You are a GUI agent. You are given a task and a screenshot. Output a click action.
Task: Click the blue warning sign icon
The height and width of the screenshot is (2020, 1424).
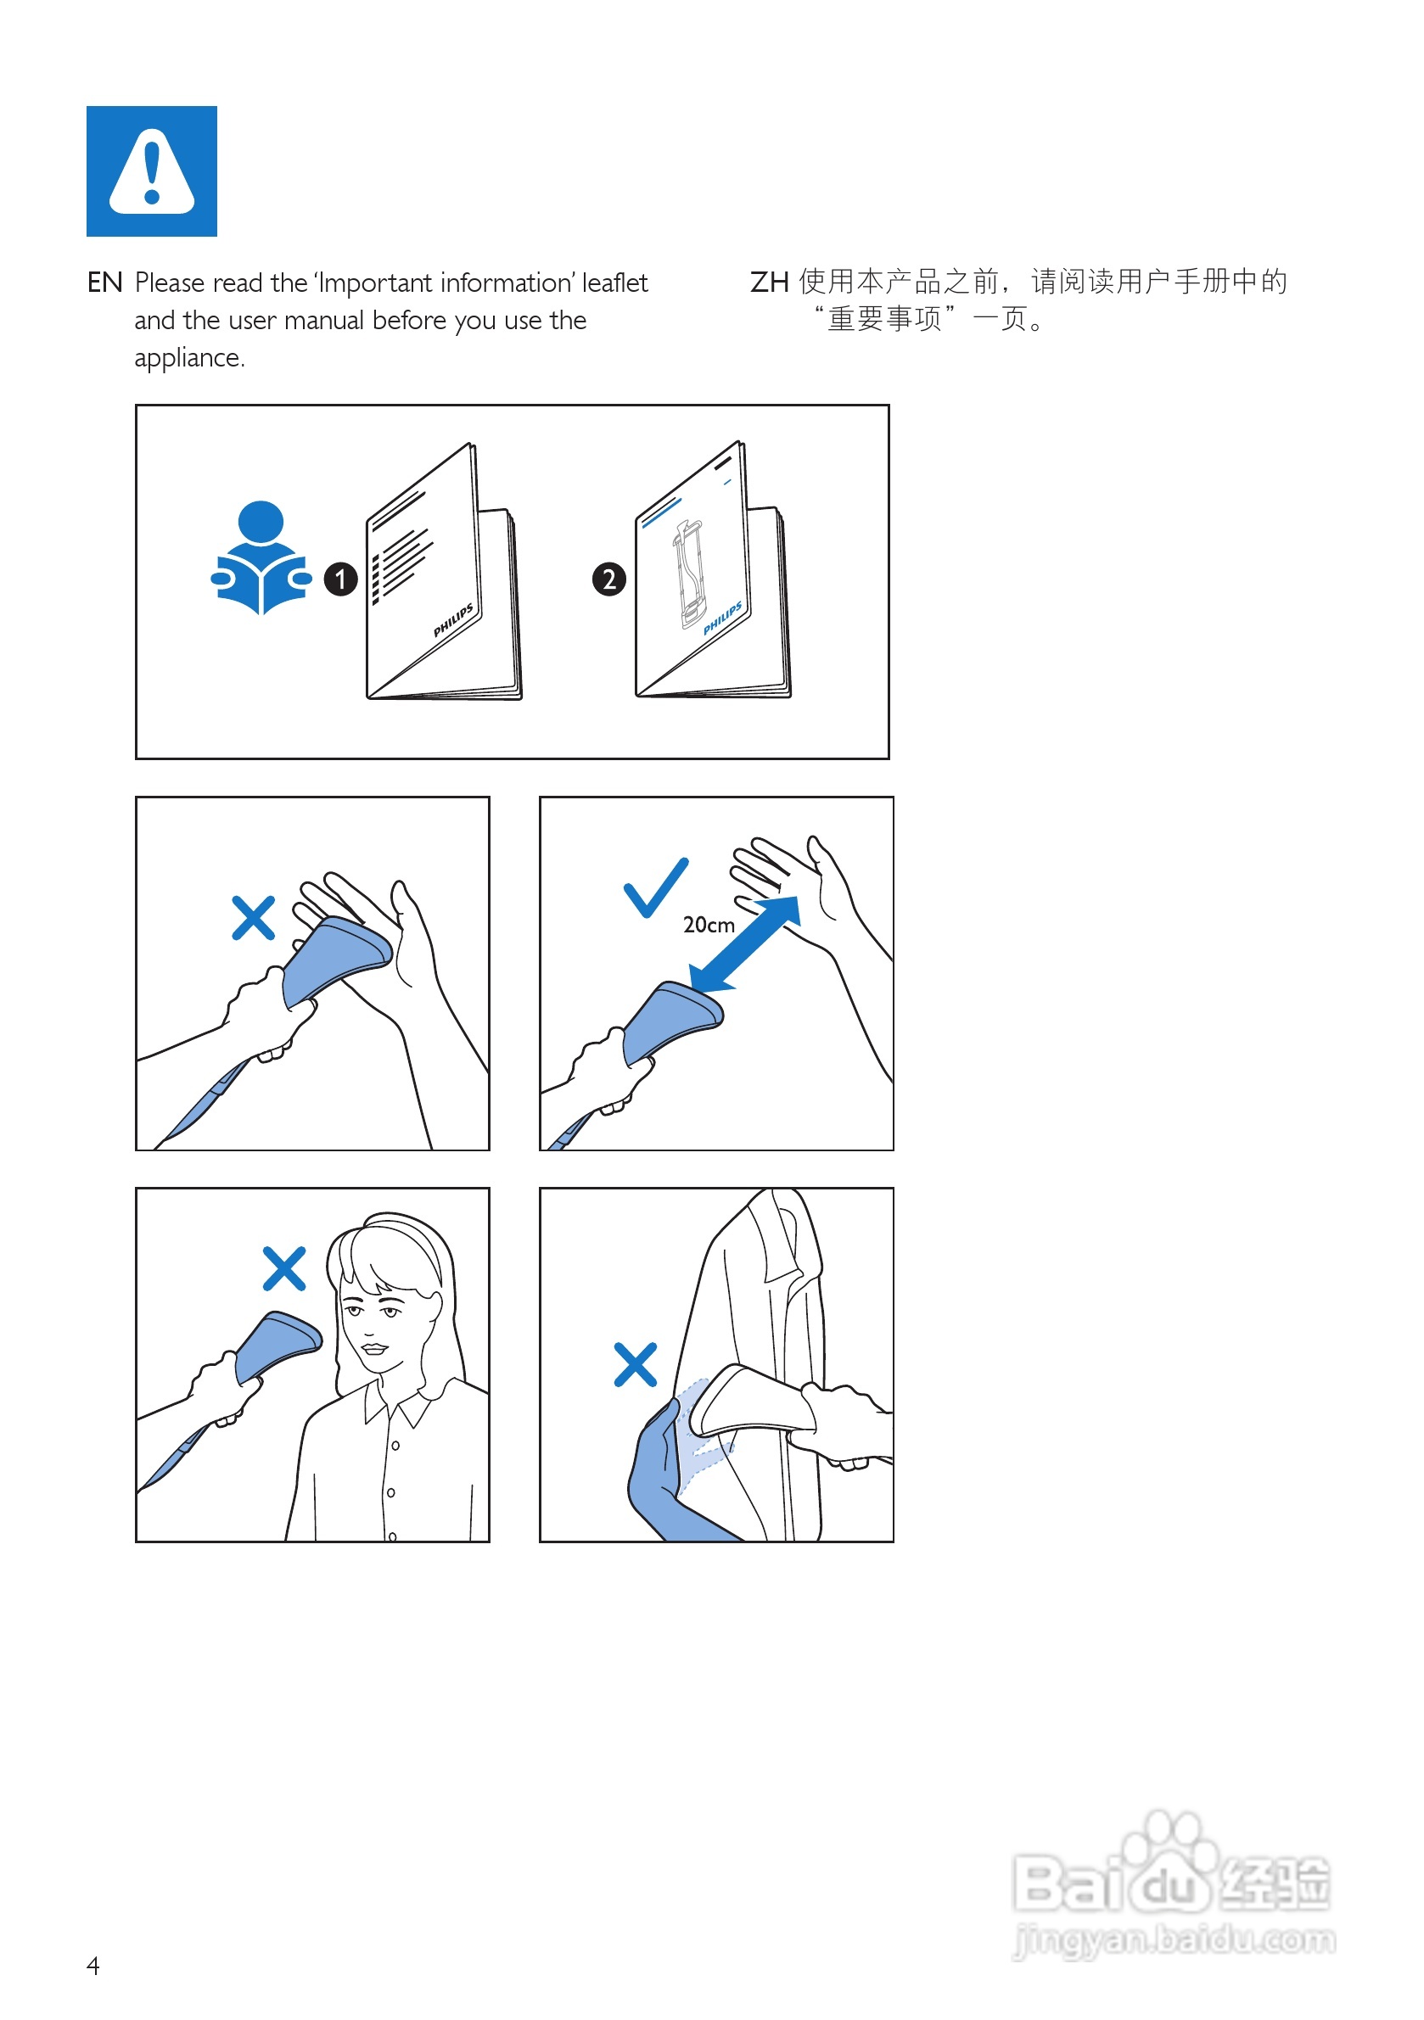pos(151,171)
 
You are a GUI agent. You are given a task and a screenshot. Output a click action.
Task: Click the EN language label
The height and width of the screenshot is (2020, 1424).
pos(104,283)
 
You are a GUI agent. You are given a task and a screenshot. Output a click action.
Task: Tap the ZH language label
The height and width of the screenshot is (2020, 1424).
pos(768,283)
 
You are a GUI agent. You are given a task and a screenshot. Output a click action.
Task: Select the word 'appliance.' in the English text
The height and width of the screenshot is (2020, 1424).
pos(189,358)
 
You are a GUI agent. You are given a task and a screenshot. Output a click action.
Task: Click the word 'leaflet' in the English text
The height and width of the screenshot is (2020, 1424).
pos(614,283)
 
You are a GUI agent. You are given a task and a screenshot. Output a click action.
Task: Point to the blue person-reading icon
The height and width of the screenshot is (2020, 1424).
pos(261,557)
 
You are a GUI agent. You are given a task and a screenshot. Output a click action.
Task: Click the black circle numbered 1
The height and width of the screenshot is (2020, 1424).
pos(340,579)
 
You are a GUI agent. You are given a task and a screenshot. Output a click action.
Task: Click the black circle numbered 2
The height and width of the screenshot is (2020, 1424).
pos(609,579)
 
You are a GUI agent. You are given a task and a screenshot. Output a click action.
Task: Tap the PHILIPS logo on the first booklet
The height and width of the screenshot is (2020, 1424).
pos(453,621)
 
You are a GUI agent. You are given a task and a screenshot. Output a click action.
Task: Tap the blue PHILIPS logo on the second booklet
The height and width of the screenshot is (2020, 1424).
pos(722,618)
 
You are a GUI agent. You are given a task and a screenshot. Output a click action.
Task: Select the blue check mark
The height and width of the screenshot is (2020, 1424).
pos(656,887)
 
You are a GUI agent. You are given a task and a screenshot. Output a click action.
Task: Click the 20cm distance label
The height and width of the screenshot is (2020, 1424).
pos(709,926)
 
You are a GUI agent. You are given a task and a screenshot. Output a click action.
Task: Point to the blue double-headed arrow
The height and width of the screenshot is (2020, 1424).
pos(744,944)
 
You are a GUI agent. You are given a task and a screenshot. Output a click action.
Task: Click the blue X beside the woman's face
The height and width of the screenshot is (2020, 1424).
pos(284,1268)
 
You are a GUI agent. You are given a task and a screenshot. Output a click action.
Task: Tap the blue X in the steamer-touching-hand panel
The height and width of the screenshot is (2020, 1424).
pos(254,919)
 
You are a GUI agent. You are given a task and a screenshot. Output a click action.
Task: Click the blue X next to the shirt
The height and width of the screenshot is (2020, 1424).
pos(636,1364)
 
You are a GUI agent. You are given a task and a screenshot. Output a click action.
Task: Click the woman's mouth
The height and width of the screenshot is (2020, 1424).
pos(375,1348)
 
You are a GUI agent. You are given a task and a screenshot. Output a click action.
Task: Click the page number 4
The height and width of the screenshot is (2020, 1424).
pos(93,1966)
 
